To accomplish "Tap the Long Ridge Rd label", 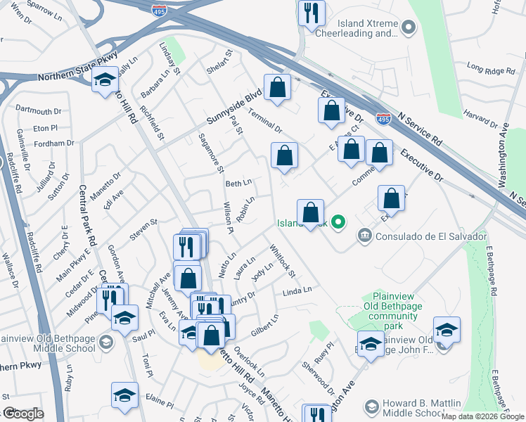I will (491, 69).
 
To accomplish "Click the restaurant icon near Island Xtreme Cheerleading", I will (311, 13).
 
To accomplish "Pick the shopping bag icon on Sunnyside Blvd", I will (278, 88).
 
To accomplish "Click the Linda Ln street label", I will (297, 291).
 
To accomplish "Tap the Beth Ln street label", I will (238, 184).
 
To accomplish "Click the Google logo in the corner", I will (23, 414).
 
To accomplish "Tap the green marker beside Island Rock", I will (338, 224).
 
